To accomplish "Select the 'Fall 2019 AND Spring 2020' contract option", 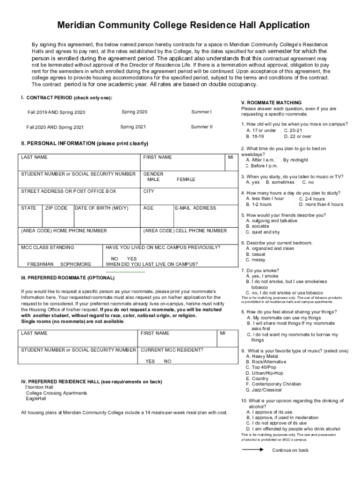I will click(56, 113).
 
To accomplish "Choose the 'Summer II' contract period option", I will click(201, 127).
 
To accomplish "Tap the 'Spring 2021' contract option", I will click(133, 127).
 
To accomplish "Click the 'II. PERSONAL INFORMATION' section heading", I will click(84, 143).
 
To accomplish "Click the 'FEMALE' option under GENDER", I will click(186, 180).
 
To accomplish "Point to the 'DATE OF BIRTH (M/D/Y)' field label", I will click(101, 208).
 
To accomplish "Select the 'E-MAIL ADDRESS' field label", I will click(195, 208).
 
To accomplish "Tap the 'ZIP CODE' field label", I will click(56, 208).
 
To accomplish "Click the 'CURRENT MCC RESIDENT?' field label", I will click(172, 350).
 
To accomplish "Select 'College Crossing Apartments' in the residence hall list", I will click(56, 393).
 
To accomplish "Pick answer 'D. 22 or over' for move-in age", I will click(297, 136).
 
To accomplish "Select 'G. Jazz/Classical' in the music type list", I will click(266, 390).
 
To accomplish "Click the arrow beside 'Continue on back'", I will click(253, 449).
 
